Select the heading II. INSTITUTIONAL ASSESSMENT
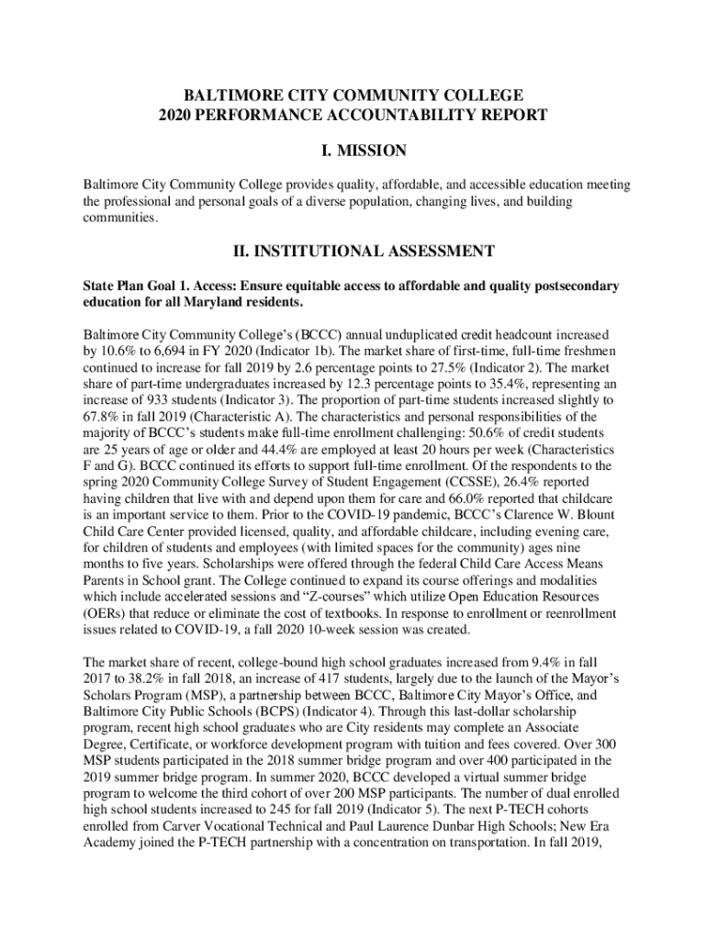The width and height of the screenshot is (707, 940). tap(353, 251)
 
